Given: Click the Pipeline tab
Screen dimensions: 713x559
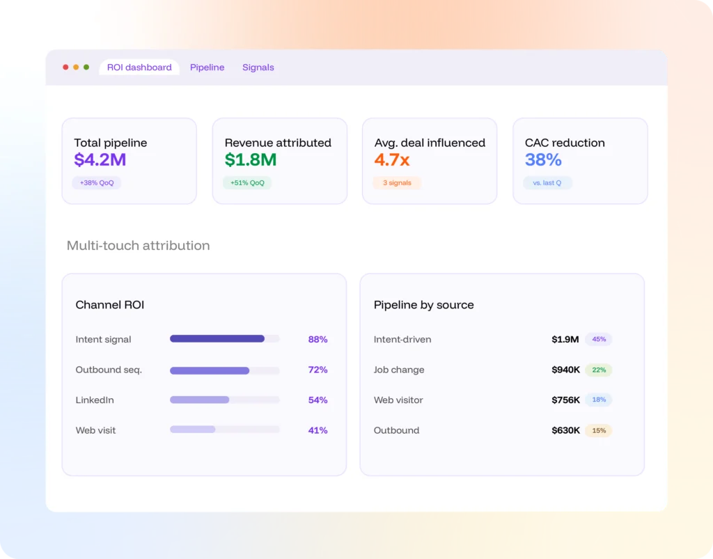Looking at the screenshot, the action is pos(207,68).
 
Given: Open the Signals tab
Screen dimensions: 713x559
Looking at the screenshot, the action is pos(258,68).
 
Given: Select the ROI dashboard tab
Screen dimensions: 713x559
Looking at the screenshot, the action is pos(139,68).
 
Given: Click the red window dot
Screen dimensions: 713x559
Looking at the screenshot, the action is pos(65,68).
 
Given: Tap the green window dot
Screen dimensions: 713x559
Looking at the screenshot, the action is pos(86,68).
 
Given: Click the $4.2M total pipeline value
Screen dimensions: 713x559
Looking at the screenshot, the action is pos(100,159).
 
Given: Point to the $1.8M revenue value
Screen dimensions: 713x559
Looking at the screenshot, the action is pos(251,159).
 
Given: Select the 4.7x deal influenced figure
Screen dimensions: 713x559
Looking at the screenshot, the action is pos(392,159).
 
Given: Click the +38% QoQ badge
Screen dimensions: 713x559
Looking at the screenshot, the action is pos(96,182).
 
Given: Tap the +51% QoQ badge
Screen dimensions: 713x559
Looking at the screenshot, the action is pos(247,182).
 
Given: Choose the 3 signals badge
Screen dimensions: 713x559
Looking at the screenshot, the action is pos(397,182).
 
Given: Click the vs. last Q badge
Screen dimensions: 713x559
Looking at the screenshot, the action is pos(547,182).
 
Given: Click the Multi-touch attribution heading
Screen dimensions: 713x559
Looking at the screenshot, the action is pos(139,246).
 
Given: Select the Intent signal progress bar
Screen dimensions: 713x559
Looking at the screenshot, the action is pos(225,338).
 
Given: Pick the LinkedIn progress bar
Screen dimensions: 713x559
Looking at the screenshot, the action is pos(225,400).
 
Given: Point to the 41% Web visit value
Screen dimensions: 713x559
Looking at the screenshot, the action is pos(318,430).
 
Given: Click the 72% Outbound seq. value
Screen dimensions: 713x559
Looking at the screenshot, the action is pos(318,370).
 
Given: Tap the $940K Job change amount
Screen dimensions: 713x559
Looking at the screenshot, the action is pos(565,370).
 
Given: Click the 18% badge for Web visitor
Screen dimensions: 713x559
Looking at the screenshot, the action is pos(599,400).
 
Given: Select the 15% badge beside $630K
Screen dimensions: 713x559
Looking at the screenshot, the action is pos(599,430).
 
